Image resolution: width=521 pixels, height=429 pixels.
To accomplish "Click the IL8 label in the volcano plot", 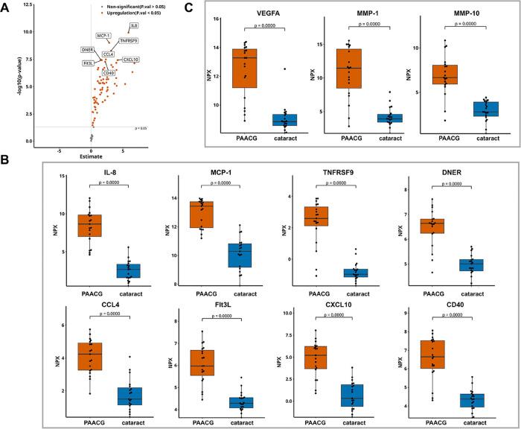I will coord(134,26).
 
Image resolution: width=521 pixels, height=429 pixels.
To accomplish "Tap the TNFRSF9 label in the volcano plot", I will coord(127,40).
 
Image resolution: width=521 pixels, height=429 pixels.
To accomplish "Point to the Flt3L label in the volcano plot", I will coord(89,63).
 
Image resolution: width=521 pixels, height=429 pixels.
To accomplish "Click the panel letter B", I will coord(6,160).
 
